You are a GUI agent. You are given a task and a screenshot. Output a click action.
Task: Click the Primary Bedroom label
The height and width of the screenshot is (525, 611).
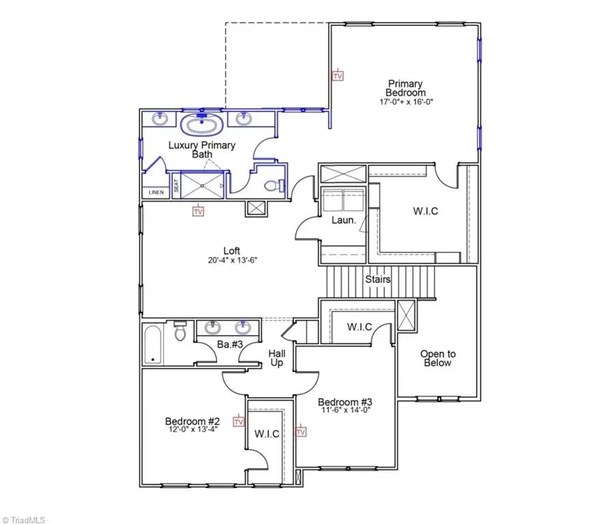[x=405, y=88]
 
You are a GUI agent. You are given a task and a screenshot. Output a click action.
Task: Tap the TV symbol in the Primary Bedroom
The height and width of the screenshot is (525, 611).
[x=337, y=76]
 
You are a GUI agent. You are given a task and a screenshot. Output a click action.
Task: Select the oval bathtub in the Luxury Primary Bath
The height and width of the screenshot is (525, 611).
[x=202, y=126]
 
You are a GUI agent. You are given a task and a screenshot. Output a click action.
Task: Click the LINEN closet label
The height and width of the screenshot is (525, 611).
[x=157, y=192]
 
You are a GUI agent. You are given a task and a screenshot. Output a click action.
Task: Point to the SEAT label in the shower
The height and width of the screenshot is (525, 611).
[x=176, y=185]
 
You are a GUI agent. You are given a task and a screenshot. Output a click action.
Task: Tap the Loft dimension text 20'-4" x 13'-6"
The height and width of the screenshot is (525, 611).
[x=232, y=260]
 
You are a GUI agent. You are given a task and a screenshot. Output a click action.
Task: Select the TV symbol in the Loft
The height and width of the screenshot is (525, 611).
[x=198, y=211]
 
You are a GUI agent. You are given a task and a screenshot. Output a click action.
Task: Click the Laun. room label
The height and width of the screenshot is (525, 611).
[x=342, y=220]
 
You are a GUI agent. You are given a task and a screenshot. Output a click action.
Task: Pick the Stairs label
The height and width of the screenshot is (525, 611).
[x=378, y=280]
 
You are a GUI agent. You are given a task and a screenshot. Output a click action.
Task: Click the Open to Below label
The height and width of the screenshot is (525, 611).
[x=437, y=358]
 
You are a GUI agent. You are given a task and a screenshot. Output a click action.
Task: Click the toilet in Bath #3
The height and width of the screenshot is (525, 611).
[x=180, y=332]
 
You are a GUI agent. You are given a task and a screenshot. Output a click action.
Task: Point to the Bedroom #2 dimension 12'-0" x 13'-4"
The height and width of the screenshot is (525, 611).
[x=194, y=430]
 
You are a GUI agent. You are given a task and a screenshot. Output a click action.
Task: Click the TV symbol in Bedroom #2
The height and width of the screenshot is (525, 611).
[x=239, y=421]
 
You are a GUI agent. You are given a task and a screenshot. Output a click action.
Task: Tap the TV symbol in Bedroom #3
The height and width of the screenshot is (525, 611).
[x=301, y=431]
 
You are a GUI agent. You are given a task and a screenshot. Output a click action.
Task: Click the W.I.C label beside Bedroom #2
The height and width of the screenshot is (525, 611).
[x=267, y=434]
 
